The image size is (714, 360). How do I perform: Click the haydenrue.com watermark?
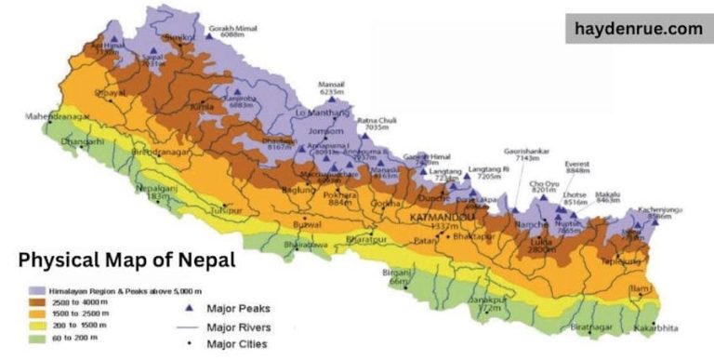click(x=639, y=29)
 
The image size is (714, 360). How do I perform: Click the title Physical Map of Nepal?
click(x=126, y=260)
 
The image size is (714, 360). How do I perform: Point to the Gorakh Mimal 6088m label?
click(x=232, y=31)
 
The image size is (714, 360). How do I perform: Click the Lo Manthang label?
click(x=319, y=113)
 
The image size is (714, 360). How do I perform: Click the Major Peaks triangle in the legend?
click(x=190, y=308)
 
